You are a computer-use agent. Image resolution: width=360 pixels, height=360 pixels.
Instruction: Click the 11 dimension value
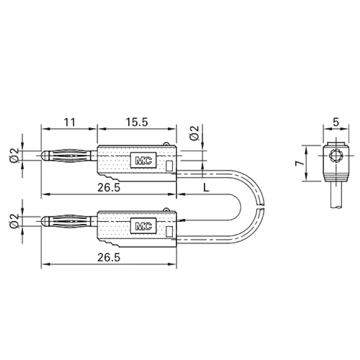[69, 122]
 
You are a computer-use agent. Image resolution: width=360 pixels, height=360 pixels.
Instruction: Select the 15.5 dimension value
[136, 122]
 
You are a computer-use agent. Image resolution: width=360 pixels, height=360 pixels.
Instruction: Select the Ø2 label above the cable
[194, 134]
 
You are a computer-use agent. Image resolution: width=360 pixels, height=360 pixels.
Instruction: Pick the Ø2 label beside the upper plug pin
[15, 156]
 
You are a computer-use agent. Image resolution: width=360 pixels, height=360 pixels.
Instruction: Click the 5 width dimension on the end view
[335, 122]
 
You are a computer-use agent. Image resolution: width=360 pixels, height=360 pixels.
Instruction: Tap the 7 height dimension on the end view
[299, 163]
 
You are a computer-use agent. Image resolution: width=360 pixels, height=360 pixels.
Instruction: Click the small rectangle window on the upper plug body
[170, 166]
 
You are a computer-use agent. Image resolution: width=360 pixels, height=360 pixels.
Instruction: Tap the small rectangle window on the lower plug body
[170, 231]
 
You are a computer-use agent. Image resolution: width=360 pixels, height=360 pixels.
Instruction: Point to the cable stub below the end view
[335, 197]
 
